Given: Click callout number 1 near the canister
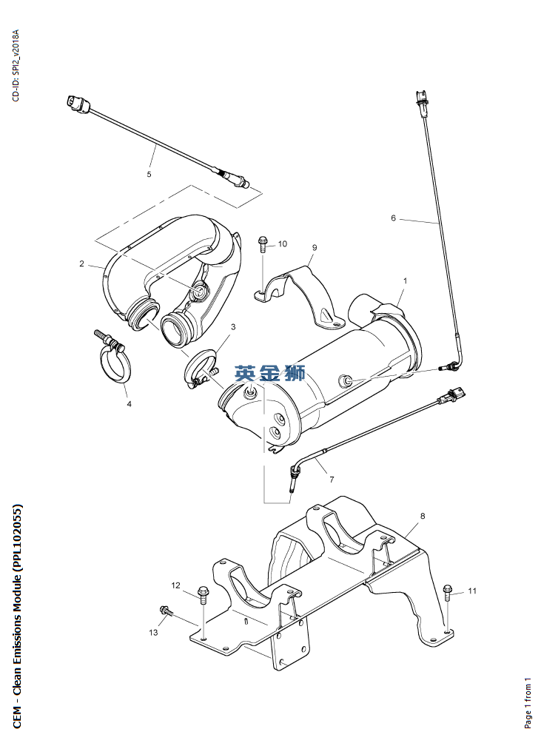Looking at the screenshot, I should (406, 281).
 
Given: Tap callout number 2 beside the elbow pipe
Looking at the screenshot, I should (82, 263).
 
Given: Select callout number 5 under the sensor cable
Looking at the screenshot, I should (149, 175).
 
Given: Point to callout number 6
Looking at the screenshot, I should (394, 218).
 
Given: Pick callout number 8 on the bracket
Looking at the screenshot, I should (423, 515).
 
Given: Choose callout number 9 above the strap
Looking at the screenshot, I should (314, 247).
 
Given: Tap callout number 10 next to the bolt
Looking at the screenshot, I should (283, 243).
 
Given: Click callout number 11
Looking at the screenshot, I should (472, 591).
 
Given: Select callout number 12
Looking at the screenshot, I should (176, 585).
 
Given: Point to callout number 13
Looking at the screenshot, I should (154, 632).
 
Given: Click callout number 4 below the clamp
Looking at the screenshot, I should (129, 404).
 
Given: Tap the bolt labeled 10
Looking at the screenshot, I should (263, 244).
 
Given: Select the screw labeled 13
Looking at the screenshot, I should (165, 611).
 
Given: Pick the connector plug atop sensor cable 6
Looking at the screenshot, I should (421, 101).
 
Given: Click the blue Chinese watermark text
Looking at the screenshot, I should (269, 374).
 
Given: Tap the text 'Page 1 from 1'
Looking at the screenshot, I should (528, 702).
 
